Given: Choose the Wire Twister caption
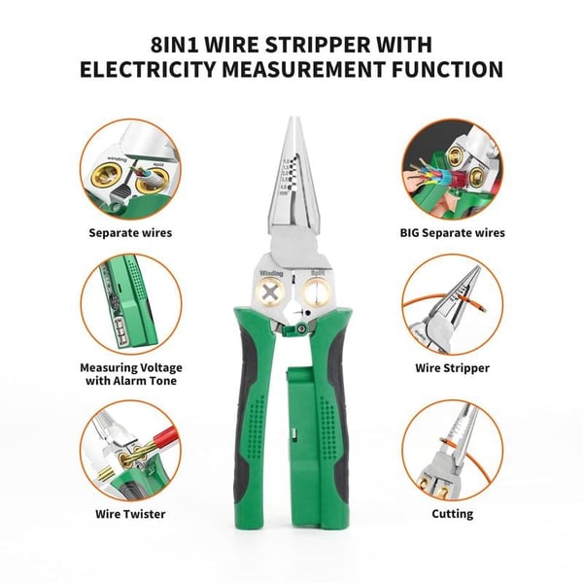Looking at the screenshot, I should click(130, 513).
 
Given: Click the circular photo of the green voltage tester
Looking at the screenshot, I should click(129, 304).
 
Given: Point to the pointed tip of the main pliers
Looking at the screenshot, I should click(292, 120).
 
